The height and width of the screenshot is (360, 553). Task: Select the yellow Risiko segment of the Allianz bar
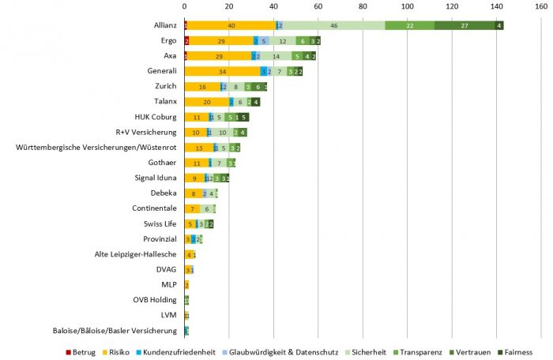[231, 25]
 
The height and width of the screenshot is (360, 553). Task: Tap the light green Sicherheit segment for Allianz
[333, 25]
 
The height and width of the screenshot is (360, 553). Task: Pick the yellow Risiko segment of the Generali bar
[223, 71]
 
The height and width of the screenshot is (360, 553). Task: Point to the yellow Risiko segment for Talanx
[207, 101]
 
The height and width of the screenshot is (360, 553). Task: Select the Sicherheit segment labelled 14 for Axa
[276, 56]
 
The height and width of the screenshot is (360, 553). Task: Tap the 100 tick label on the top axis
[407, 6]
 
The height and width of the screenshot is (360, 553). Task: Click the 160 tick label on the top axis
[540, 6]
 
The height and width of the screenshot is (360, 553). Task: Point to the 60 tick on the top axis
[318, 6]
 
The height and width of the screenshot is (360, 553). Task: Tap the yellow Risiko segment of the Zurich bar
[202, 86]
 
